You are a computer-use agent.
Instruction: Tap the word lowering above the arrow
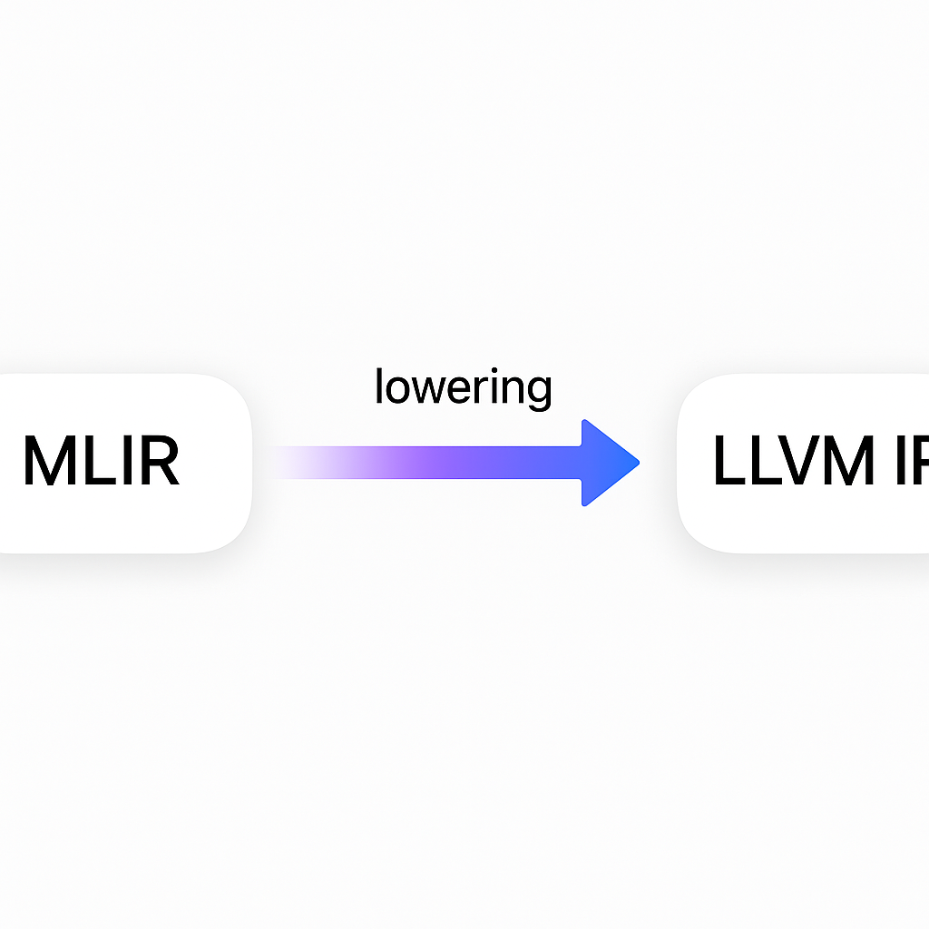tap(463, 388)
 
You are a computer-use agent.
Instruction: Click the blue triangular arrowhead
tap(608, 463)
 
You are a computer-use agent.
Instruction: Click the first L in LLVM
tap(728, 462)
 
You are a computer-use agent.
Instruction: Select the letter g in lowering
tap(536, 394)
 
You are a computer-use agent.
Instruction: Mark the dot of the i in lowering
tap(487, 373)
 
